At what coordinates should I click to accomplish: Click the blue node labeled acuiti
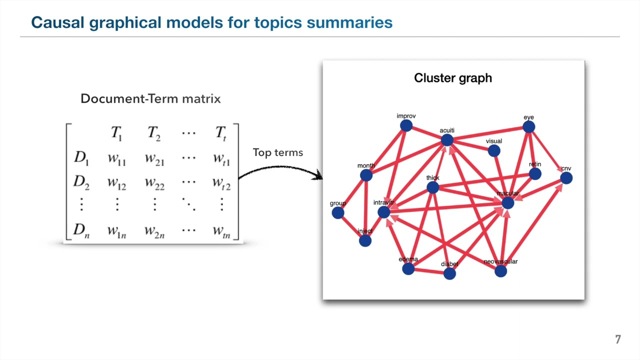[x=447, y=140]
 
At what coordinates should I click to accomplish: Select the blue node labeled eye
[x=528, y=127]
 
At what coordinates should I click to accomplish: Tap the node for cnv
[x=566, y=178]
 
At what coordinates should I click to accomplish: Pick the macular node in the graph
[x=507, y=202]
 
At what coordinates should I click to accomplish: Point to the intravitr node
[x=383, y=212]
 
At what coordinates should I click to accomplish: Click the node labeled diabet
[x=449, y=273]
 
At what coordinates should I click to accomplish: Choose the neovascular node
[x=500, y=271]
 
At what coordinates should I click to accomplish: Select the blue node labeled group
[x=338, y=212]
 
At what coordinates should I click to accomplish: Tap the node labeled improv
[x=406, y=125]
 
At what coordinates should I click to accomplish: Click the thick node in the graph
[x=432, y=187]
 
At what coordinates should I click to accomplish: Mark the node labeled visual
[x=494, y=150]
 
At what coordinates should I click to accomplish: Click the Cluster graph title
[x=453, y=78]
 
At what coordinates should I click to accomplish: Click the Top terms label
[x=278, y=152]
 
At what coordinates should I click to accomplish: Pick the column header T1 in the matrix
[x=116, y=133]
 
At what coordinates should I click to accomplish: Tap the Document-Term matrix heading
[x=150, y=98]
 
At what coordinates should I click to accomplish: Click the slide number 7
[x=618, y=340]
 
